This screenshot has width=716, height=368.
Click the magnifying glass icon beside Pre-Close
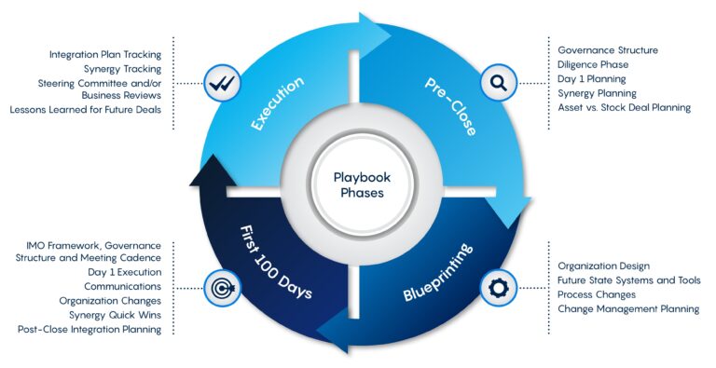point(498,84)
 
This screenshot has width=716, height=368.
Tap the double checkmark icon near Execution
point(220,84)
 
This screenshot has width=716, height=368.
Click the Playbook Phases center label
point(359,184)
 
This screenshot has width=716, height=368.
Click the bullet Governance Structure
point(608,49)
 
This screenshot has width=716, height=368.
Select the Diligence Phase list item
point(593,64)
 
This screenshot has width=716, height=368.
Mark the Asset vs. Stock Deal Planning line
point(624,107)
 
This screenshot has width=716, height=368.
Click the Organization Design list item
point(603,266)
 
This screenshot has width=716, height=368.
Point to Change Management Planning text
point(628,308)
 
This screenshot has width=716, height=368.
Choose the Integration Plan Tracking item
point(104,55)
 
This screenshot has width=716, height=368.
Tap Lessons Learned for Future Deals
point(86,110)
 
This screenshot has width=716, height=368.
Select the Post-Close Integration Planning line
point(89,329)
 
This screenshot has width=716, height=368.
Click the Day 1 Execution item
point(125,272)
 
